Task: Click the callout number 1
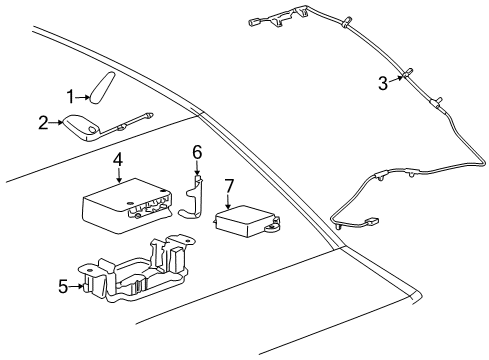coord(71,96)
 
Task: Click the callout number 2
coord(43,123)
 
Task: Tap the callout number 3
coord(383,84)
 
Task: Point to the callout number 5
coord(63,287)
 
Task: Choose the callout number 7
coord(228,186)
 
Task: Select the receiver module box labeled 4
coord(122,205)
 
